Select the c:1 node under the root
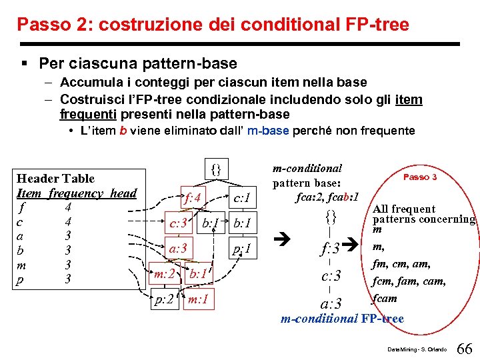pyautogui.click(x=240, y=197)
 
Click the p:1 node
pyautogui.click(x=241, y=249)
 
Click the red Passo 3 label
pyautogui.click(x=420, y=177)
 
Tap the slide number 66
pyautogui.click(x=465, y=349)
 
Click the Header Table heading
pyautogui.click(x=55, y=179)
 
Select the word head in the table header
pyautogui.click(x=123, y=193)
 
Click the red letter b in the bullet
pyautogui.click(x=123, y=131)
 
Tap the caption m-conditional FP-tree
pyautogui.click(x=342, y=319)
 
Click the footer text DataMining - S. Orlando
pyautogui.click(x=415, y=349)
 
